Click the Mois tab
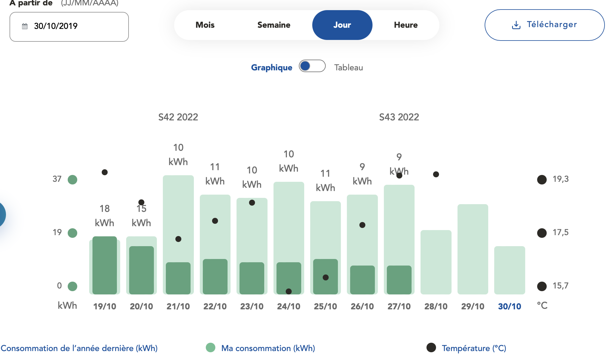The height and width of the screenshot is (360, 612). [x=205, y=25]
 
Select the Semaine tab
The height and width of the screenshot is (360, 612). [x=273, y=25]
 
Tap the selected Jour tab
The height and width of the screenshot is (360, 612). [x=342, y=25]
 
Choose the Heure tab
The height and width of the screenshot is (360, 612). [x=406, y=25]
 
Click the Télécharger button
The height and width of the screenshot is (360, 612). [x=544, y=25]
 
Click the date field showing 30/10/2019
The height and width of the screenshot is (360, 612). [x=69, y=27]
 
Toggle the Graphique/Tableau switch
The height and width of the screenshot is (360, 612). [x=312, y=66]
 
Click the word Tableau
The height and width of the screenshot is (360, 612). [x=348, y=68]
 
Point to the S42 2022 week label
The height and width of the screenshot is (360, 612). [x=178, y=117]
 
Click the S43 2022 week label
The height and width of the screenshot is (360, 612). [x=399, y=117]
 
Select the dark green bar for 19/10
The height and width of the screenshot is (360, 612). [x=105, y=265]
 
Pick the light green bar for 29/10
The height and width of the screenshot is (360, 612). [x=472, y=249]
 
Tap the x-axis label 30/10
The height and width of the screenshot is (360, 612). [x=509, y=306]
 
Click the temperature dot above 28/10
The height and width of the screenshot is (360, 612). [x=436, y=174]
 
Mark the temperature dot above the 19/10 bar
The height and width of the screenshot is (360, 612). [x=105, y=172]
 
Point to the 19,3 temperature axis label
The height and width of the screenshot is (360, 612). [x=560, y=179]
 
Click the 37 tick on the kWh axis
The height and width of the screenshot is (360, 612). [x=57, y=179]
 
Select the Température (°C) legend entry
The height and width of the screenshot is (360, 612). [x=474, y=348]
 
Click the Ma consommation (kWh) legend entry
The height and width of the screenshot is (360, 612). [x=268, y=348]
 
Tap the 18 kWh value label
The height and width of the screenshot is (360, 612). [x=104, y=215]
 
